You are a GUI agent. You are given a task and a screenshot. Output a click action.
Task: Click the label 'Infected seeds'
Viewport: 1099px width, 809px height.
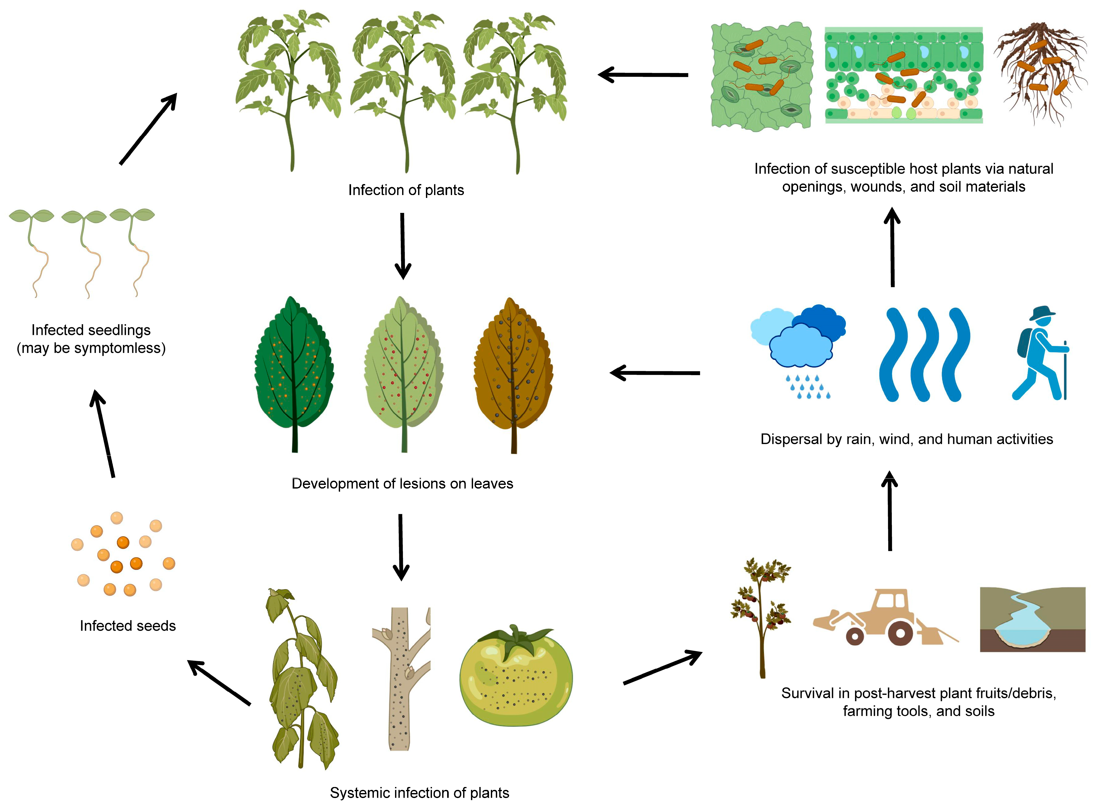click(128, 626)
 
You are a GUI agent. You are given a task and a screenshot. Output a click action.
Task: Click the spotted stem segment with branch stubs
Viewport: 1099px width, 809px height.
click(401, 678)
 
